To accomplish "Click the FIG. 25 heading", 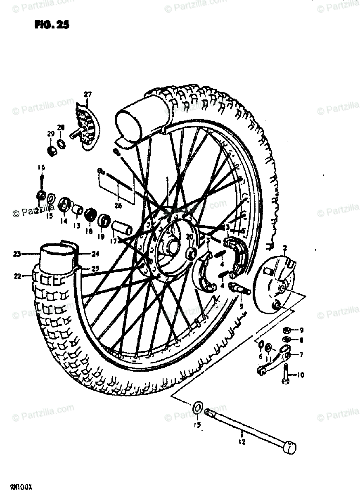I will [x=51, y=25].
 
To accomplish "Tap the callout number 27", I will [x=87, y=94].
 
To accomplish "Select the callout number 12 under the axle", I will [x=242, y=443].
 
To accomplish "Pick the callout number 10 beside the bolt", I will [x=300, y=375].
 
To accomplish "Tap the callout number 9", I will [x=301, y=330].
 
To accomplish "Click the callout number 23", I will [x=17, y=255].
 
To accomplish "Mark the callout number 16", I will [x=41, y=167].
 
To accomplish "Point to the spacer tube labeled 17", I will [x=123, y=228].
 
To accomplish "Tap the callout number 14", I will [x=64, y=221].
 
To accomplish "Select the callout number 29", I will [x=50, y=133].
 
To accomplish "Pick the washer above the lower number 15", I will [x=197, y=409].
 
